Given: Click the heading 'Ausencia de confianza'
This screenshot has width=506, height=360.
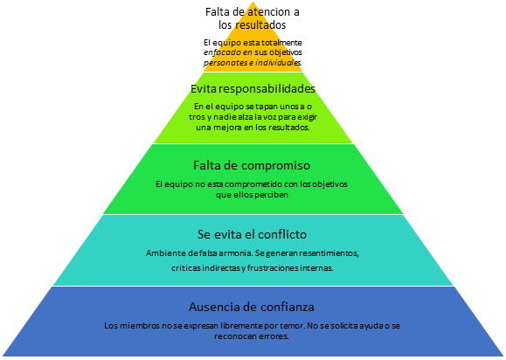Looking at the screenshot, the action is pos(252,307).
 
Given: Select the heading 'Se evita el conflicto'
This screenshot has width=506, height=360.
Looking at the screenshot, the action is pos(252,234).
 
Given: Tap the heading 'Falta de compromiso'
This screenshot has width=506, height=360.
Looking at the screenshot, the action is pos(252,165).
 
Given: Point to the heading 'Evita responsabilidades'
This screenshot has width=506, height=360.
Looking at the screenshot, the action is pos(253,89).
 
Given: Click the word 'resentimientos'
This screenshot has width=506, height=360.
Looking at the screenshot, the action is pos(329,253).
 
